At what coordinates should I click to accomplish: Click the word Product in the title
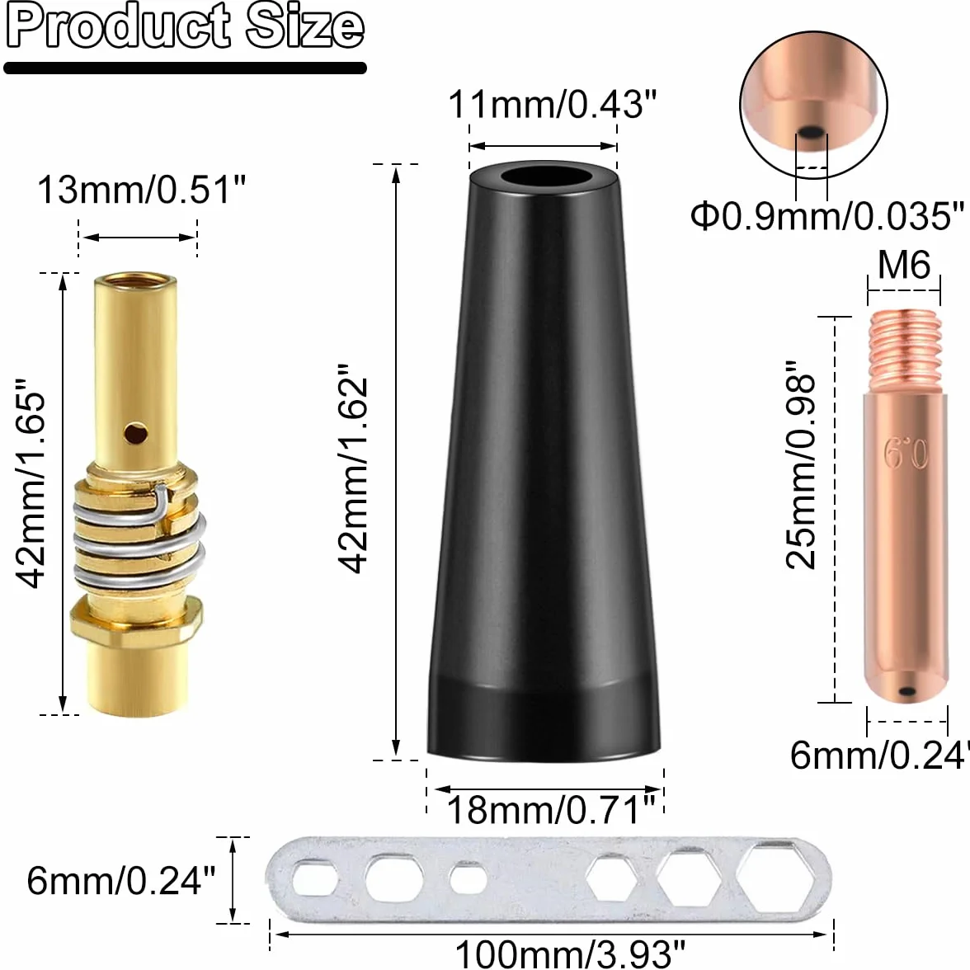click(x=117, y=26)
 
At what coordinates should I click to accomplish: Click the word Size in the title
click(x=304, y=26)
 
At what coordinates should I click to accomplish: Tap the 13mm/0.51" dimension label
click(x=142, y=190)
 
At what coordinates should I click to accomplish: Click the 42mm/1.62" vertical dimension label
click(x=353, y=469)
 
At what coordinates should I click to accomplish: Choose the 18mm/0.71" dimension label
click(x=551, y=810)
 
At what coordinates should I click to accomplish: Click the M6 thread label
click(x=904, y=265)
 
